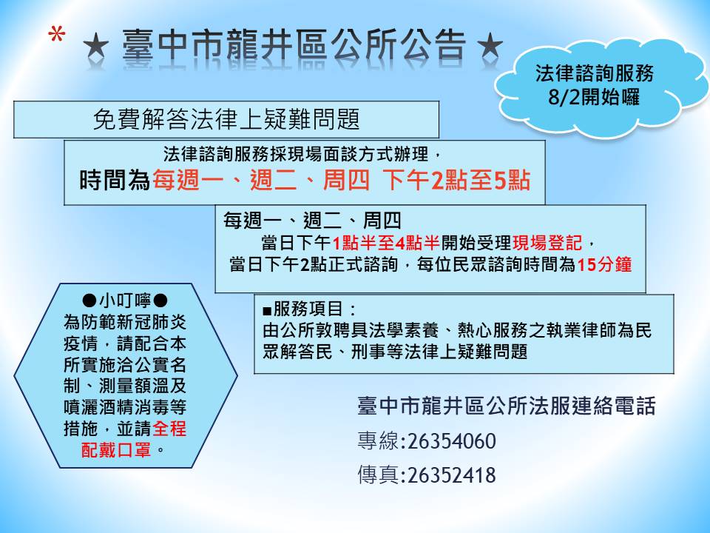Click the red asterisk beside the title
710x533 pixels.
point(57,35)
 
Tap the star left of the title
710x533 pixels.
point(96,46)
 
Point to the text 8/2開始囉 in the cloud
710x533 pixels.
point(594,96)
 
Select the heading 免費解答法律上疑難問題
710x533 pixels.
point(226,120)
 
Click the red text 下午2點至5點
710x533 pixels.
point(456,180)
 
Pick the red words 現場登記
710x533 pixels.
point(547,243)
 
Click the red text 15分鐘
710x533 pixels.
point(604,264)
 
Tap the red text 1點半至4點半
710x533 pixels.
point(386,243)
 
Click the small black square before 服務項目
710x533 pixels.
point(267,311)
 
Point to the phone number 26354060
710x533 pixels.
point(451,441)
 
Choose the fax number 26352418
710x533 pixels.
point(451,475)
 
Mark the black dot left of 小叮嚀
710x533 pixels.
point(89,301)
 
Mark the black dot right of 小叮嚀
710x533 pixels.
point(160,301)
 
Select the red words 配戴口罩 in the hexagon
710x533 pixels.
point(116,449)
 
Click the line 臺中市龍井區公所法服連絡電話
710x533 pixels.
point(506,406)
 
